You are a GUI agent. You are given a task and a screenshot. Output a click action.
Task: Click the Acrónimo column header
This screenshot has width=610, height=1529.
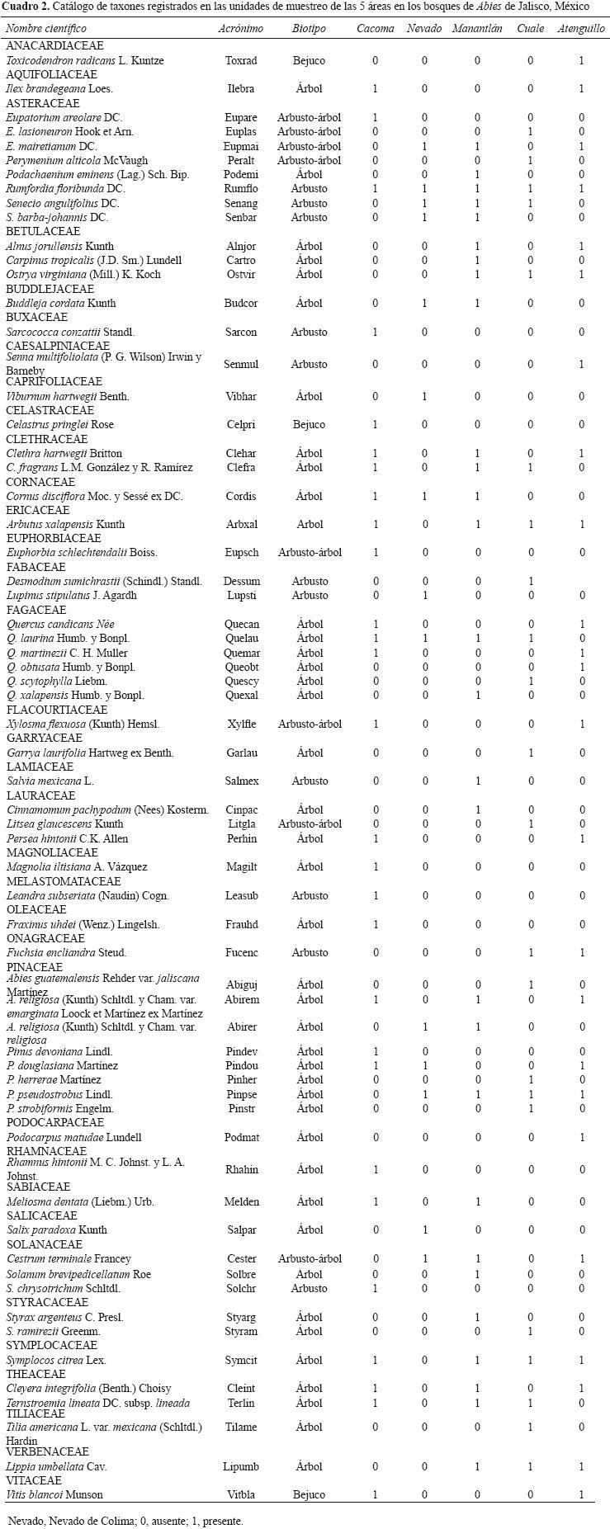pyautogui.click(x=240, y=28)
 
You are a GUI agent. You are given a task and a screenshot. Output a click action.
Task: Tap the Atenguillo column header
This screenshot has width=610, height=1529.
pyautogui.click(x=581, y=28)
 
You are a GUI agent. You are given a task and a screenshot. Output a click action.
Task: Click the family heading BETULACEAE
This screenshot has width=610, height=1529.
pyautogui.click(x=43, y=232)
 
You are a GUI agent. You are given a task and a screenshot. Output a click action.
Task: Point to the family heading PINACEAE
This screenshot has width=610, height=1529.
pyautogui.click(x=35, y=966)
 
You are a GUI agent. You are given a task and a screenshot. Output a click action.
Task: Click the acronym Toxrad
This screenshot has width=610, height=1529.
pyautogui.click(x=240, y=60)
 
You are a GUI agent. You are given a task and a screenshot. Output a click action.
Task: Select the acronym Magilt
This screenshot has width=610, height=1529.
pyautogui.click(x=241, y=866)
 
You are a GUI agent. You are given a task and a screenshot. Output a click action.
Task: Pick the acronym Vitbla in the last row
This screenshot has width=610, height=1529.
pyautogui.click(x=241, y=1494)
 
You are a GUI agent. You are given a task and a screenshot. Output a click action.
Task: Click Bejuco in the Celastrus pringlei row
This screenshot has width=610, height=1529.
pyautogui.click(x=309, y=424)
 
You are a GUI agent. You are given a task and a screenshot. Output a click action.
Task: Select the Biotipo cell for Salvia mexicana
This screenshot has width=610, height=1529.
pyautogui.click(x=309, y=781)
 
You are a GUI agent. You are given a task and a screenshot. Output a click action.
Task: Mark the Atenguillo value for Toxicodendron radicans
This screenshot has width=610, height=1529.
pyautogui.click(x=581, y=60)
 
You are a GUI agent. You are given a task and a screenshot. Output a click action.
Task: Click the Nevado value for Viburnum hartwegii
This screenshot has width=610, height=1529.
pyautogui.click(x=424, y=396)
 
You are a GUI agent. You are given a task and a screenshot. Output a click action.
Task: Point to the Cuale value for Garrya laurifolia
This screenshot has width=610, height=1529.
pyautogui.click(x=530, y=753)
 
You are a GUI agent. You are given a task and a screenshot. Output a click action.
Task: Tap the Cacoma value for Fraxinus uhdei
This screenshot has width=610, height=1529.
pyautogui.click(x=376, y=924)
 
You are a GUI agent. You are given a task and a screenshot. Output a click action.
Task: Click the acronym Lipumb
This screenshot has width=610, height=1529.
pyautogui.click(x=241, y=1466)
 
